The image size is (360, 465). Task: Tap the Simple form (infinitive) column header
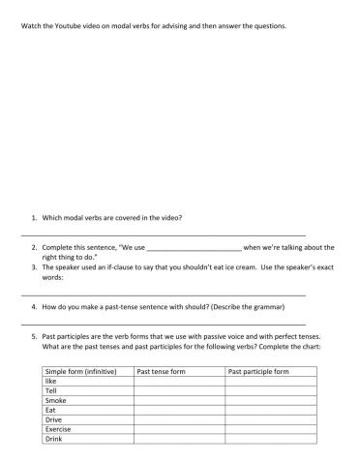click(80, 371)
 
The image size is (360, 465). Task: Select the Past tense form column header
click(161, 371)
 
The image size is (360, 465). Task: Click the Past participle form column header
click(257, 371)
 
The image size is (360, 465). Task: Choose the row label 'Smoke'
click(56, 400)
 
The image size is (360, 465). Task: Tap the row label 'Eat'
click(51, 410)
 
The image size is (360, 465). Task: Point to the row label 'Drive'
click(54, 419)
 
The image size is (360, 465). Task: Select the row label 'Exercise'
click(58, 429)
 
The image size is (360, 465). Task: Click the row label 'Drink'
click(54, 439)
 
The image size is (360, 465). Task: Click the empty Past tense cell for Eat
click(179, 410)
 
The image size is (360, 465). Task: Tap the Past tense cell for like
click(179, 381)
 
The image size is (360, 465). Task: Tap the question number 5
click(34, 336)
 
